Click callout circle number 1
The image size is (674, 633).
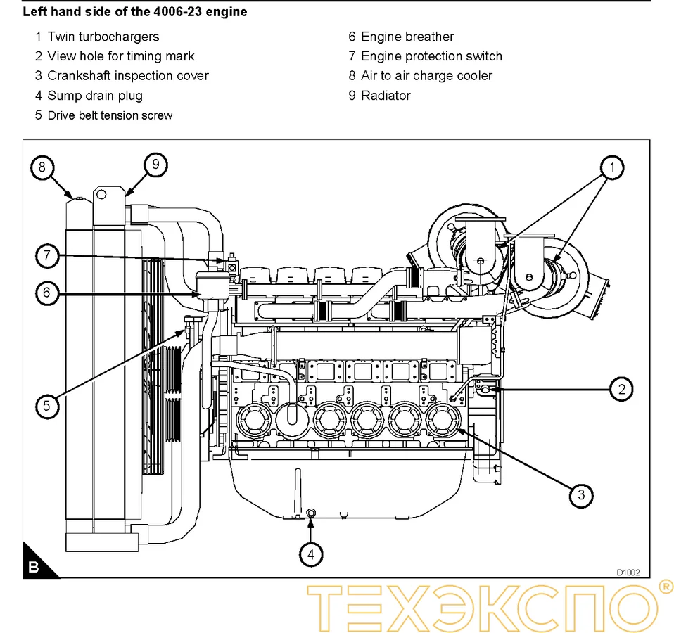612,167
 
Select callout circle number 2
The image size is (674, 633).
621,388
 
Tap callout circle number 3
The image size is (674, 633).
580,494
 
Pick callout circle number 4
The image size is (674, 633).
310,554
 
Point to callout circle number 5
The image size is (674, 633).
46,406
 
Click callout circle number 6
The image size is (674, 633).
46,292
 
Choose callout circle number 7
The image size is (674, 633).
46,256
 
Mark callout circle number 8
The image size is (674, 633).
42,167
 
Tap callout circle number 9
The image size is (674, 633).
155,165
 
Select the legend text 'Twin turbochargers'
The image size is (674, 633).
103,37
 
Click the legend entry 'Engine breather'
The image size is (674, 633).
407,37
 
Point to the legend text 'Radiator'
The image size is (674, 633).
385,96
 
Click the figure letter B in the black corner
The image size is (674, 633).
34,568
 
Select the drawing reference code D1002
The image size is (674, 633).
628,573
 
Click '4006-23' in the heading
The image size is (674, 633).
177,12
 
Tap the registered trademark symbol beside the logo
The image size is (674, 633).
663,586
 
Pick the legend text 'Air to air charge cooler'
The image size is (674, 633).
426,76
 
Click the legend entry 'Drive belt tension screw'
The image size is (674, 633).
109,115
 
